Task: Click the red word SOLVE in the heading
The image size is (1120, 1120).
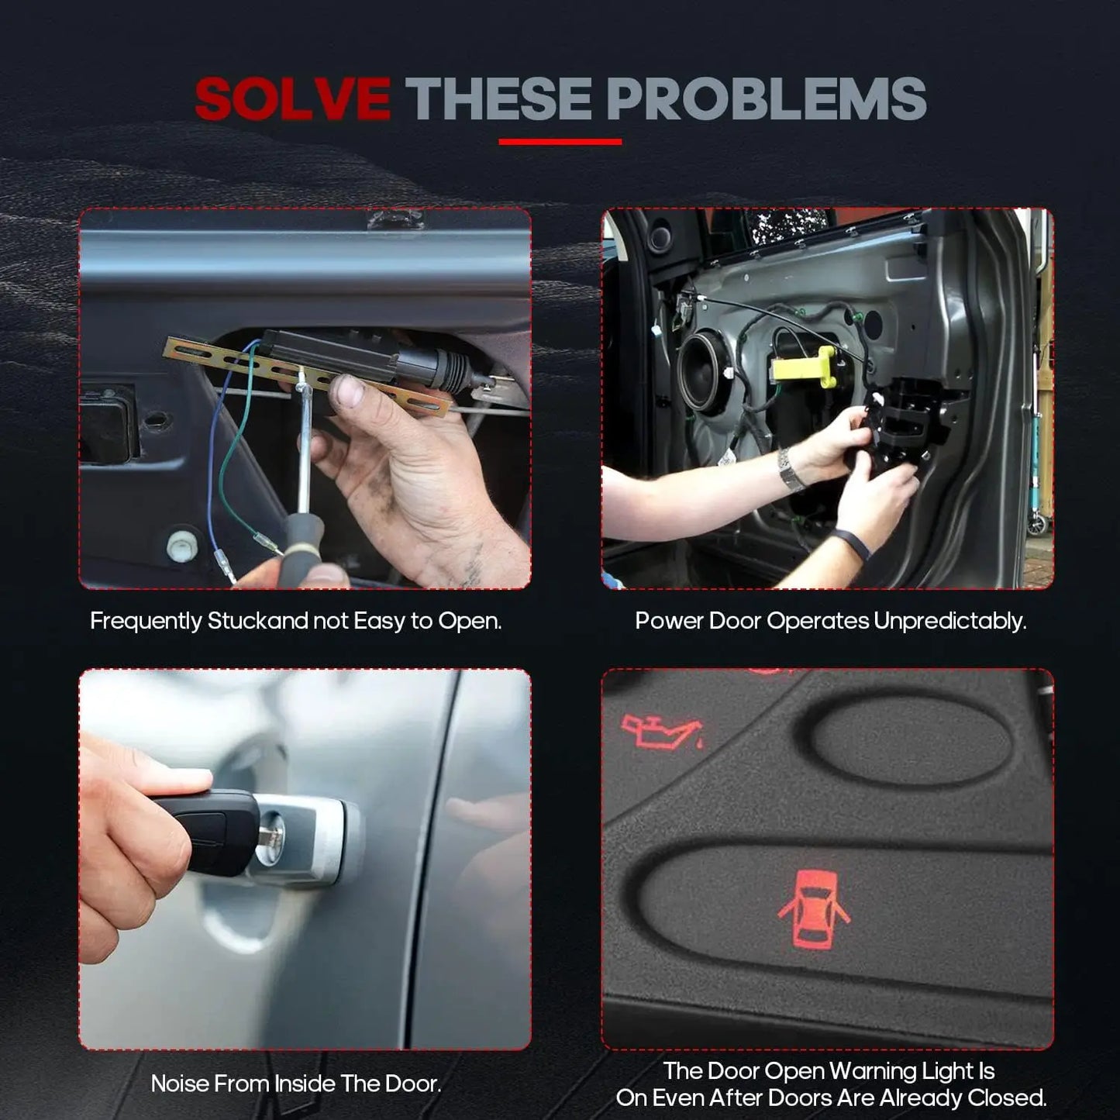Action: click(x=291, y=98)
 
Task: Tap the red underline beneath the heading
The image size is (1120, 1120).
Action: click(x=560, y=142)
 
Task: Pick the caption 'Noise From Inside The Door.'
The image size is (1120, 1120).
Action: click(x=296, y=1083)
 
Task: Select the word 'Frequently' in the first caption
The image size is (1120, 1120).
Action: click(x=146, y=621)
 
